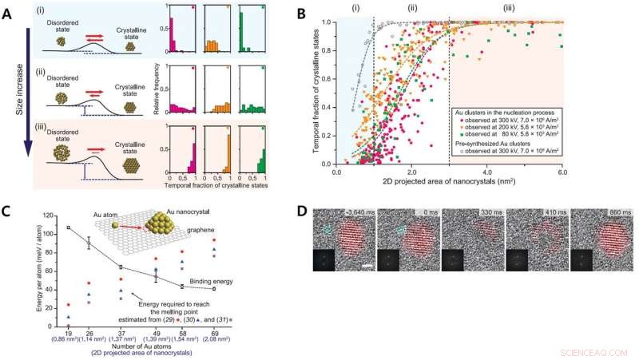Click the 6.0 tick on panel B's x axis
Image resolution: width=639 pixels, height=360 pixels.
pos(562,171)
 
